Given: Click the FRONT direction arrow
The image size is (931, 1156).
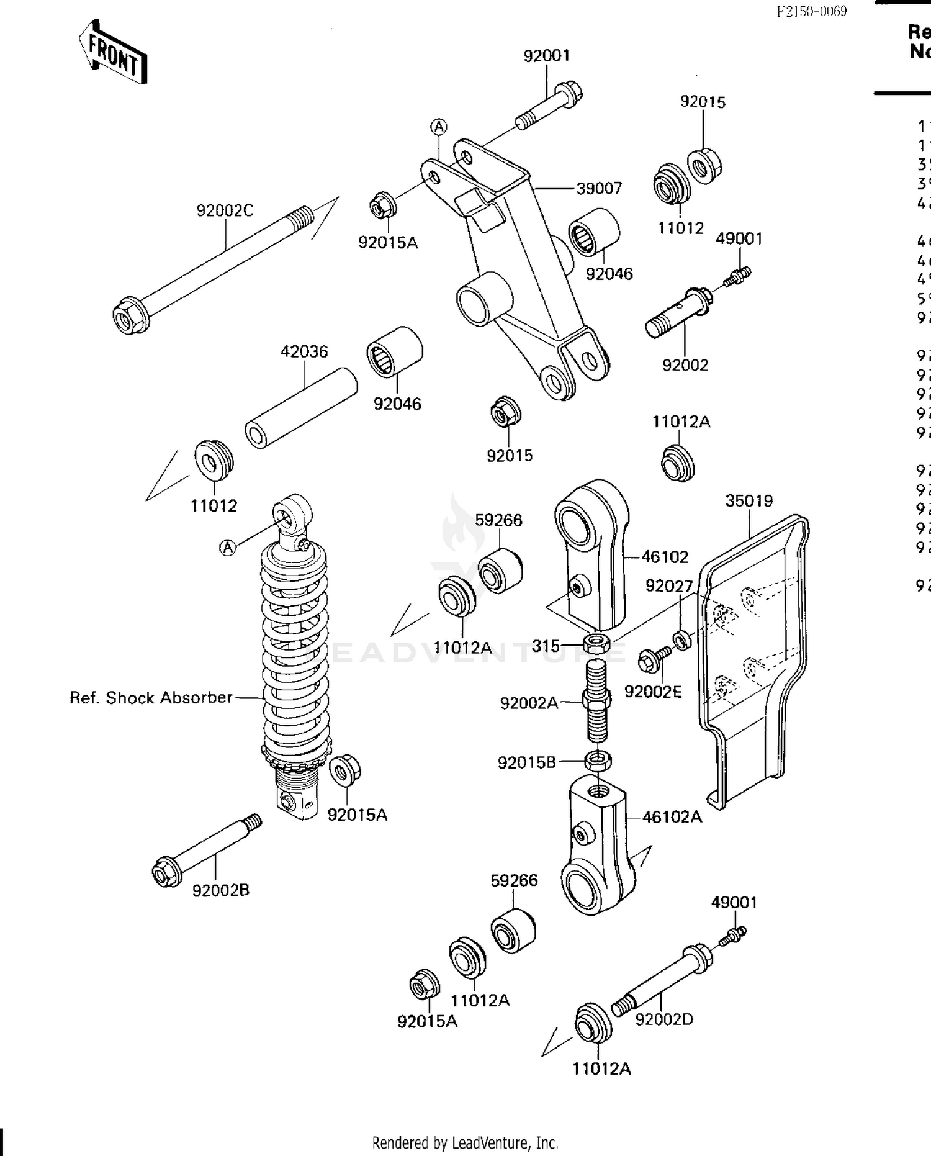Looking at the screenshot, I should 113,53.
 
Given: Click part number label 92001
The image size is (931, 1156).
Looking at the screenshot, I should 546,56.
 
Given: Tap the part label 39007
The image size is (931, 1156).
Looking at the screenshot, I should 599,188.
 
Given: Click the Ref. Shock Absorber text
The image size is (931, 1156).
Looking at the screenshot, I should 151,698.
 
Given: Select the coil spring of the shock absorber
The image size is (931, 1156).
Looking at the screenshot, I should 295,646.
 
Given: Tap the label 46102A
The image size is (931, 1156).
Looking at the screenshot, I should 672,817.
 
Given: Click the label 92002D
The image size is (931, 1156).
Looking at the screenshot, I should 663,1019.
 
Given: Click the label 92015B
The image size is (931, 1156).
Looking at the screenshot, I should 527,762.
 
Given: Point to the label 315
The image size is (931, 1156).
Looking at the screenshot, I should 546,646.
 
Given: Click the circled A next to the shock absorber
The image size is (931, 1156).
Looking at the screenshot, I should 228,548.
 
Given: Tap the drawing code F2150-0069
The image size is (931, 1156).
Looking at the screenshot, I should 811,11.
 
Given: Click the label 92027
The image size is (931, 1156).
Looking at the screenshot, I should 668,586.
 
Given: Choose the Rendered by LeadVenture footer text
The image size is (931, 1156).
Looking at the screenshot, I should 465,1142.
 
